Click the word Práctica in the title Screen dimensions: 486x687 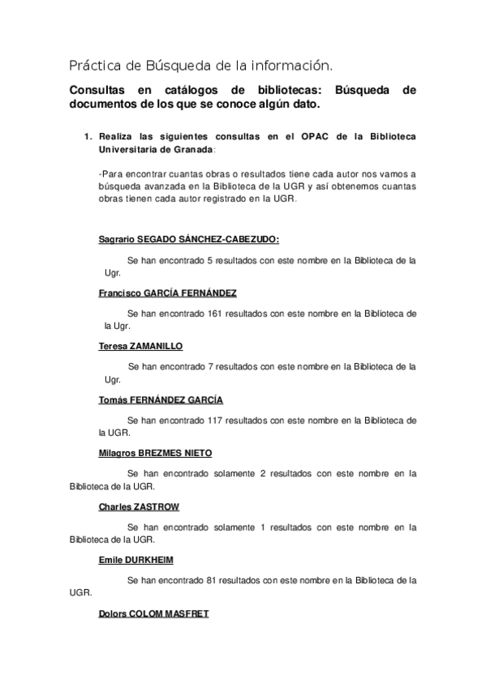92,64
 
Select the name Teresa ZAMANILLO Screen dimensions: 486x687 140,346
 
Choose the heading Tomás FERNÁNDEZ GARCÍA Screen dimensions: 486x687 160,399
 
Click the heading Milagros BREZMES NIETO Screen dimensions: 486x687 155,453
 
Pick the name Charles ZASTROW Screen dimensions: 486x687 139,506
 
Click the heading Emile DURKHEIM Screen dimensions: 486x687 135,560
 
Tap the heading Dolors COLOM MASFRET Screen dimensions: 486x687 153,613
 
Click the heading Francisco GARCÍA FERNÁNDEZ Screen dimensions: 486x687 167,292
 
